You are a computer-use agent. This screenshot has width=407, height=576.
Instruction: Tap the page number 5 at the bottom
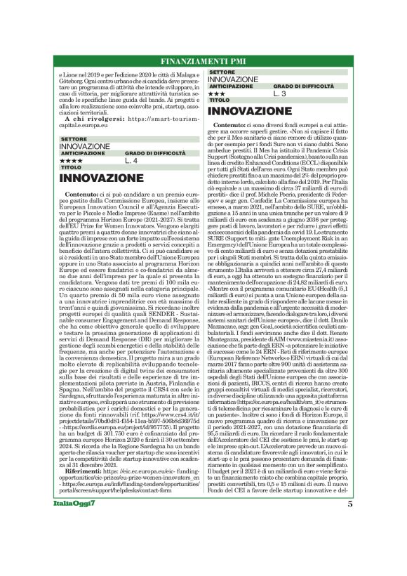point(349,563)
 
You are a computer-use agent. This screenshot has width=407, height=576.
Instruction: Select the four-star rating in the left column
point(72,161)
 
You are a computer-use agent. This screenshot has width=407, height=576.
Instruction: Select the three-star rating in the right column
point(217,93)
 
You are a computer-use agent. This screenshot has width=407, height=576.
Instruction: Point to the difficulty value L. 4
point(131,161)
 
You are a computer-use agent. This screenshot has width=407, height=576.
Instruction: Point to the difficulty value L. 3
point(279,93)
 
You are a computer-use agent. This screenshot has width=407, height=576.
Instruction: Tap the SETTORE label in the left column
point(74,140)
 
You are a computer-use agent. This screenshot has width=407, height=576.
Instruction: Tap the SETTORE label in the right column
point(222,72)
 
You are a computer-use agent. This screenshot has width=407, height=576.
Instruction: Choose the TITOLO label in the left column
point(72,168)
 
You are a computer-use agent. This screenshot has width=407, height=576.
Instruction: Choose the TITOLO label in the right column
point(220,100)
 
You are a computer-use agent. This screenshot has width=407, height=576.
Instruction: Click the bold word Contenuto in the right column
point(229,125)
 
